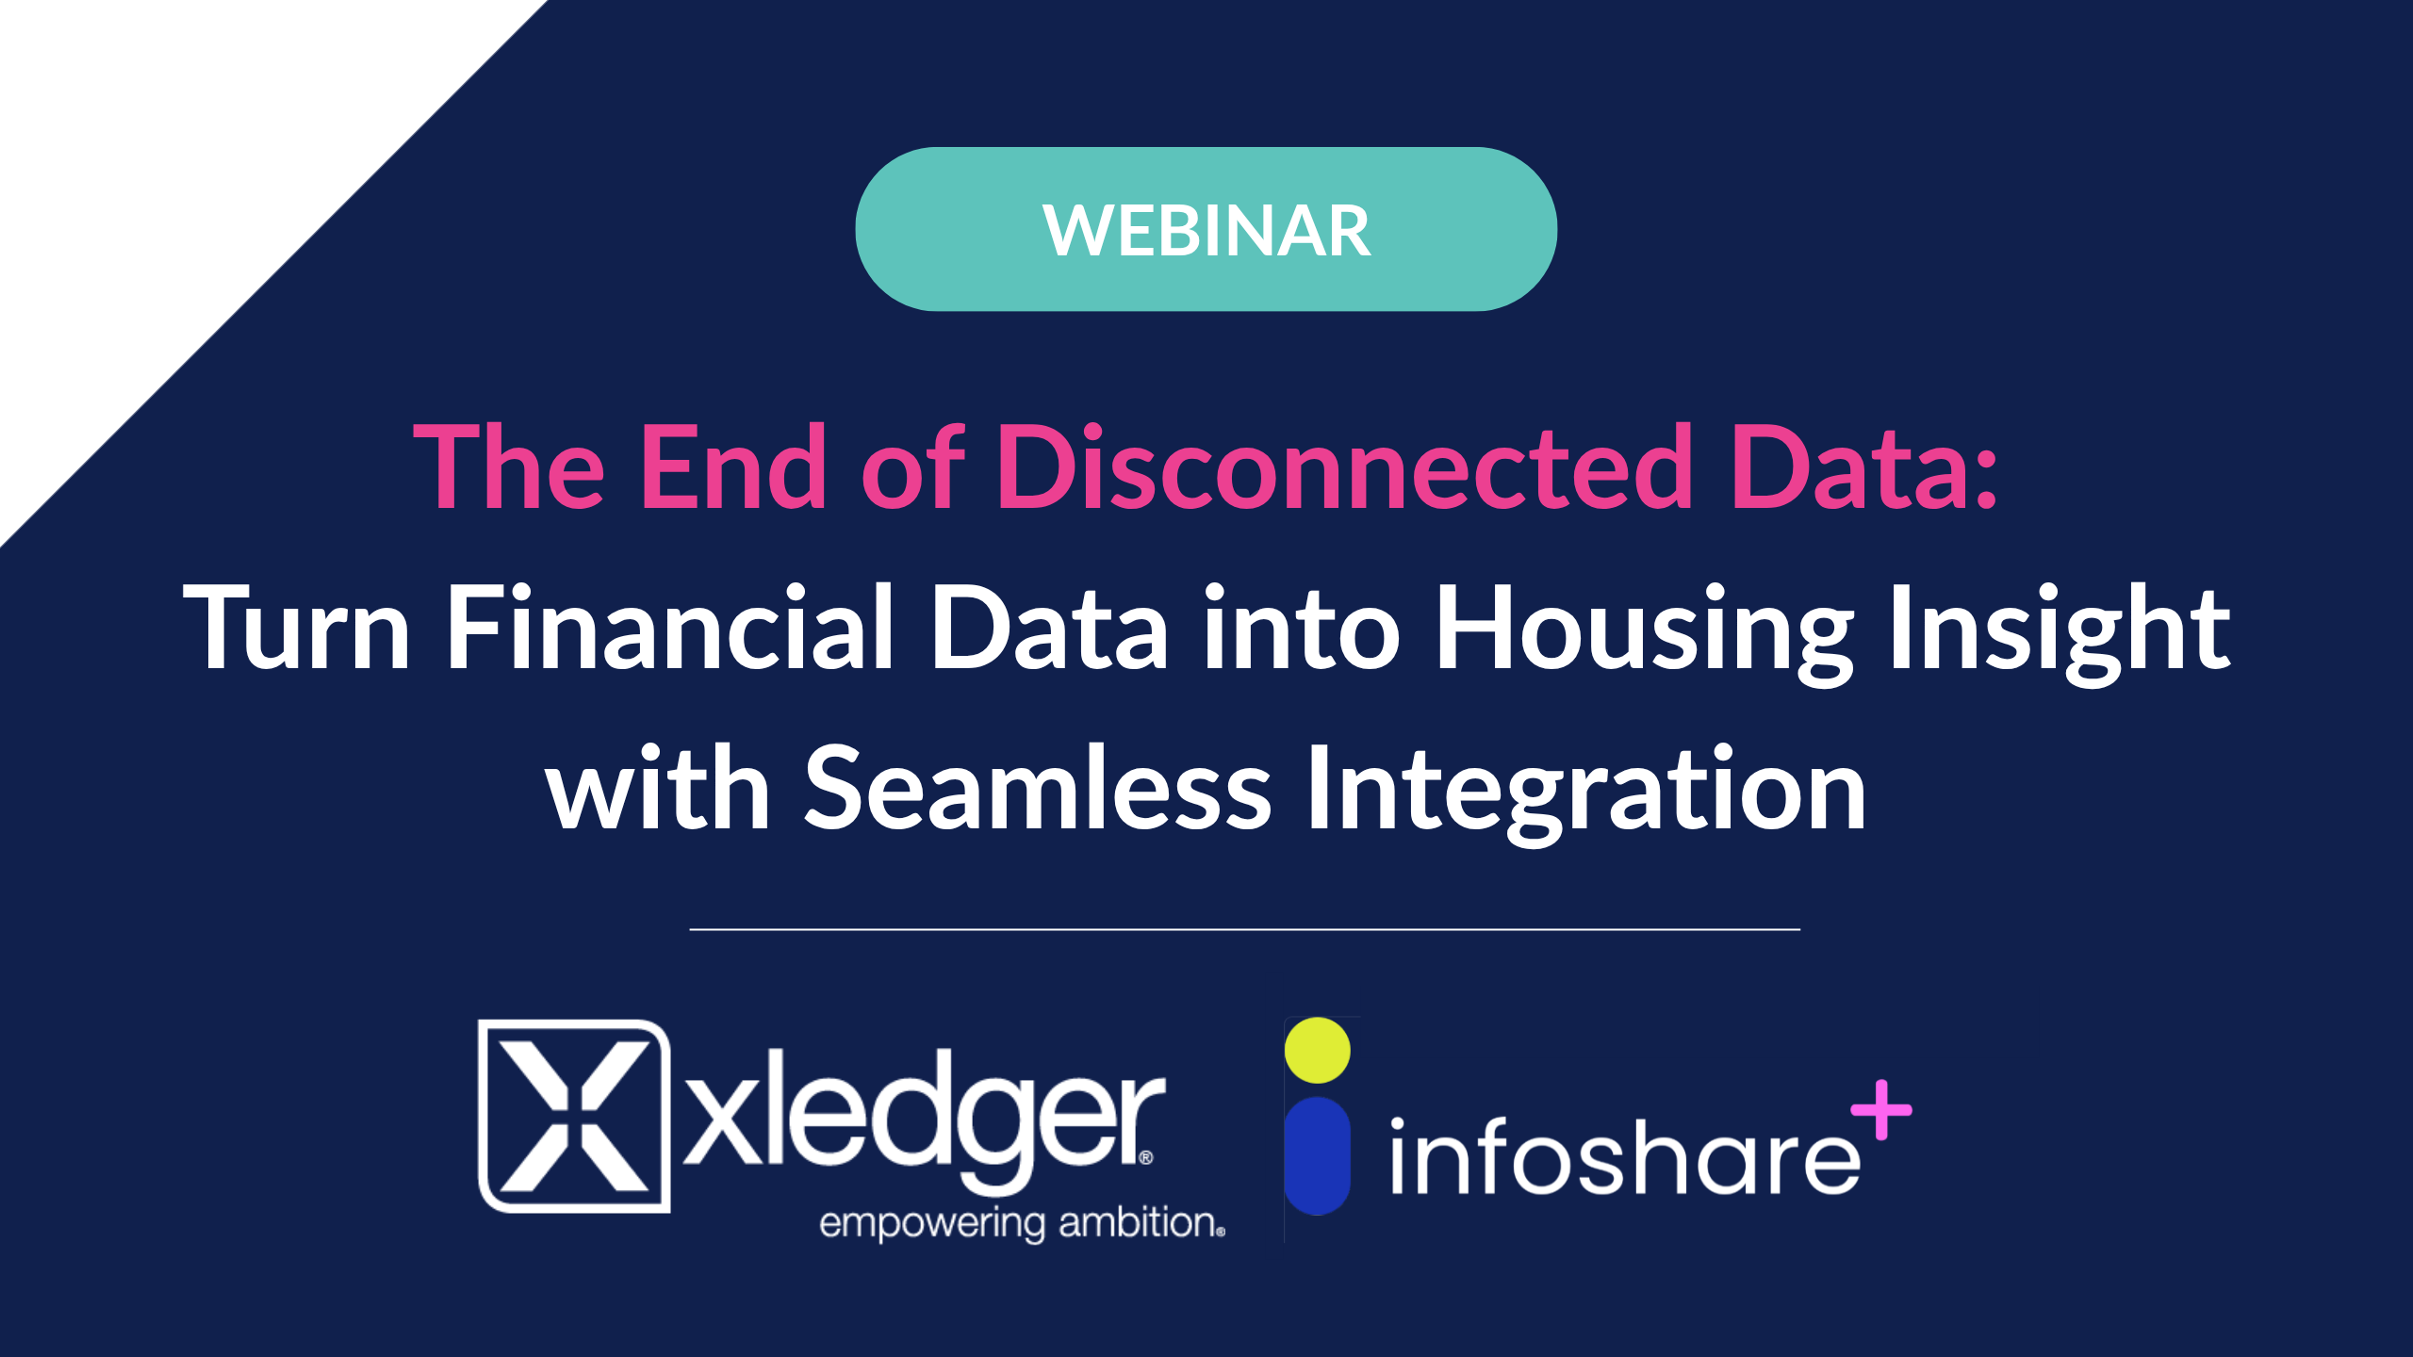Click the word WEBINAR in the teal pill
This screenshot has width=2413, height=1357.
point(1206,231)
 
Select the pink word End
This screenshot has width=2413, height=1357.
point(733,466)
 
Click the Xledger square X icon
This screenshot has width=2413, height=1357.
point(574,1116)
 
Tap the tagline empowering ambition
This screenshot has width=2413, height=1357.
point(1022,1223)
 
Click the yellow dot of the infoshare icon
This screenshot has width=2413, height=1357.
point(1318,1050)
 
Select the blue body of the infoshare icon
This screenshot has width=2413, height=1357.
point(1318,1155)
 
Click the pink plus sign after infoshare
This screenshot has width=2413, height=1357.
point(1881,1110)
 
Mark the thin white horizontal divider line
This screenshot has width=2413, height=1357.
point(1244,929)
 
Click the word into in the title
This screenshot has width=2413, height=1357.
point(1302,626)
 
